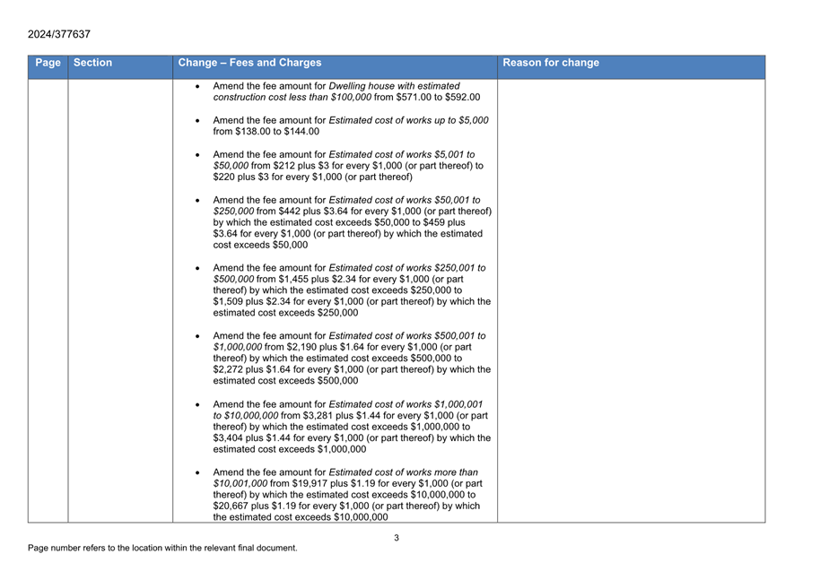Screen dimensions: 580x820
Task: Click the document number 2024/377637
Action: [58, 34]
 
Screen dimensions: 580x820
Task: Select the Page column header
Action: [48, 63]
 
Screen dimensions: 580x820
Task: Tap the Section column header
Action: [92, 63]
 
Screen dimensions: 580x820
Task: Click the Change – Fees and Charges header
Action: [249, 63]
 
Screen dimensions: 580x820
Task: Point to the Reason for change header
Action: [551, 63]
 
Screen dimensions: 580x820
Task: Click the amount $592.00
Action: [463, 97]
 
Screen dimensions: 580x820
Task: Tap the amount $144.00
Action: [301, 131]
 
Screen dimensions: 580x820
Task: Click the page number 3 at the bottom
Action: [397, 538]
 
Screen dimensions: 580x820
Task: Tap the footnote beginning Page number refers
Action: [162, 548]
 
